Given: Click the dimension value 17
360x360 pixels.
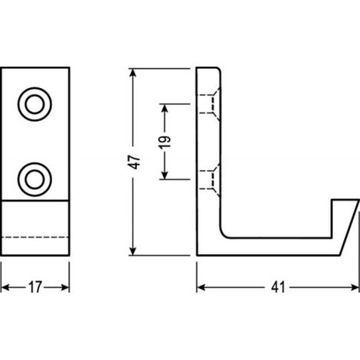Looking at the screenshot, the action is tap(34, 287).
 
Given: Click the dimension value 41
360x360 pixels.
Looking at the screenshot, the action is tap(278, 287).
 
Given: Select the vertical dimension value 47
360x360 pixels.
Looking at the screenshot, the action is tap(134, 162).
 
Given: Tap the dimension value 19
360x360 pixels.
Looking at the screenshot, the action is tap(165, 142).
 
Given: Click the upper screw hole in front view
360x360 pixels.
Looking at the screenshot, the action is tap(34, 104).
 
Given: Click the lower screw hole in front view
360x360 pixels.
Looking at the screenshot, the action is tap(34, 179).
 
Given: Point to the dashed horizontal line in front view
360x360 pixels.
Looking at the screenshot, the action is tap(35, 237).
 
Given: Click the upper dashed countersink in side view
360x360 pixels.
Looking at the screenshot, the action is tap(209, 104).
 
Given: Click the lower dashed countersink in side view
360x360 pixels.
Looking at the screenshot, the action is tap(209, 180).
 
